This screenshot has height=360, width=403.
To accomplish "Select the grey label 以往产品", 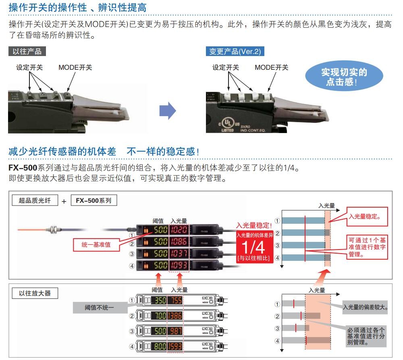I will (27, 51).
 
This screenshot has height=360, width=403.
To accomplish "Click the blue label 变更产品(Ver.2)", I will (235, 51).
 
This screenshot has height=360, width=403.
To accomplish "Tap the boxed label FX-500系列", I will (93, 200).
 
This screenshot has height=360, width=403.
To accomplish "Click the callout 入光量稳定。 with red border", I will (365, 217).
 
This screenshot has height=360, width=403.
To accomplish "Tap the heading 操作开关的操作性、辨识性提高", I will (77, 7).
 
